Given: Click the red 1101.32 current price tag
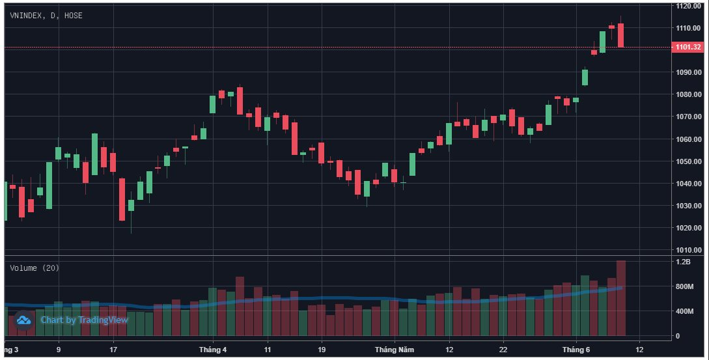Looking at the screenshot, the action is point(687,47).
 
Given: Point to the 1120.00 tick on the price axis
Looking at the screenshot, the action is point(688,6).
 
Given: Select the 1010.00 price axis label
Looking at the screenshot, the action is point(688,250).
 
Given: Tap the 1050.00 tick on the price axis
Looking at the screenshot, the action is point(688,161).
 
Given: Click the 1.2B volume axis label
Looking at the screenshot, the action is point(683,262).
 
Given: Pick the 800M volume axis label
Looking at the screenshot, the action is point(684,286).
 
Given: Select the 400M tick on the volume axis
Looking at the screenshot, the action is point(684,311).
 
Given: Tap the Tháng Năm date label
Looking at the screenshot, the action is point(395,350).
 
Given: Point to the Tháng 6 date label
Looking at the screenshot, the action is point(576,350).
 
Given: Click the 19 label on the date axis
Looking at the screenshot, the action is point(322,350).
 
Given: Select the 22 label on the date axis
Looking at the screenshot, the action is point(503,350).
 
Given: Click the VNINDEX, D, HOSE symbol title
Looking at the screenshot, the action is point(46,16).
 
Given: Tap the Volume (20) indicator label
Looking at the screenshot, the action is point(35,268).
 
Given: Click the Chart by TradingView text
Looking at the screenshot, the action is point(84,320).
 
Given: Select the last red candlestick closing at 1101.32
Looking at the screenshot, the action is point(621,35).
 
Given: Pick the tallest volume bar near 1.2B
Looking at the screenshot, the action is point(621,298).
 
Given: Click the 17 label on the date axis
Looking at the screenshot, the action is point(113,350).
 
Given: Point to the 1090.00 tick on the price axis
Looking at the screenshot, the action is point(688,72).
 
